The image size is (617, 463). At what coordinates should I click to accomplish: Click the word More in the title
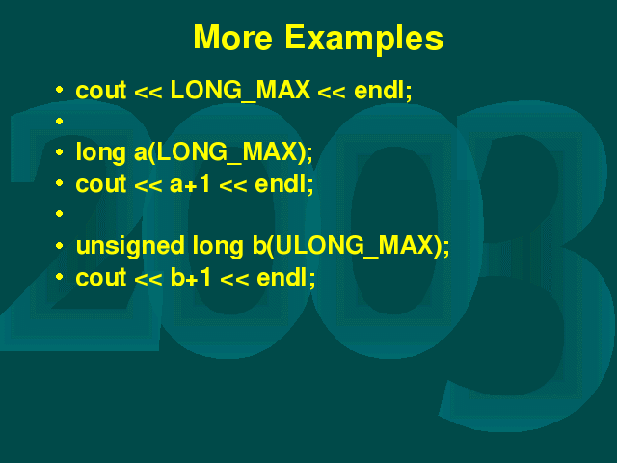coord(233,38)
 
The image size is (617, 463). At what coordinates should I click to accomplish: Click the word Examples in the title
coord(364,39)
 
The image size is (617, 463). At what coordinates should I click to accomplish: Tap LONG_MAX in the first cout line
coord(240,91)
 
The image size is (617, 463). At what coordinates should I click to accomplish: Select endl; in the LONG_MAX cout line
coord(383,90)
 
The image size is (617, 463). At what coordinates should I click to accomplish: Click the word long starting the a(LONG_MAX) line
coord(100,152)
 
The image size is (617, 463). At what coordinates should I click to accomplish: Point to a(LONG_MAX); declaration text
coord(223,152)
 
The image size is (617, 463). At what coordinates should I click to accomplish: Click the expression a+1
coord(190,184)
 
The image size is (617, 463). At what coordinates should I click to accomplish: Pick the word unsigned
coord(130,246)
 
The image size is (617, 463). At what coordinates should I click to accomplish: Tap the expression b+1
coord(191,277)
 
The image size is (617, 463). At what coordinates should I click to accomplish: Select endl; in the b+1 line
coord(285,277)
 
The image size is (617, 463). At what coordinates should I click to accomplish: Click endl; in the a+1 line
coord(284,184)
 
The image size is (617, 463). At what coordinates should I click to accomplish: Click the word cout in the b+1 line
coord(101,277)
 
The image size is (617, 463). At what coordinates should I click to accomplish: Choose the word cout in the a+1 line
coord(101,184)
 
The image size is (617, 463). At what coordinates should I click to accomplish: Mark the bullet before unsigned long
coord(60,246)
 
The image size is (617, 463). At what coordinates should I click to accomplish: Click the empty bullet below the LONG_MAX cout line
coord(60,121)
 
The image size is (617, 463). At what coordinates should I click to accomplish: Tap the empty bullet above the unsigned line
coord(60,214)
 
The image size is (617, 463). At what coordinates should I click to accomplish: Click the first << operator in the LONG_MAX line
coord(148,93)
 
